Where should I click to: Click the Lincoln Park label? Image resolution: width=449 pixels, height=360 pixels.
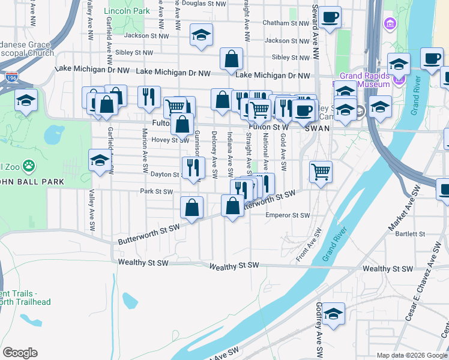coord(127,11)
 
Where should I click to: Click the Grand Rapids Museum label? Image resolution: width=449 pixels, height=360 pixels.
coord(365,80)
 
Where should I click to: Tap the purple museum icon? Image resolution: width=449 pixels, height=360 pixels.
coord(391,24)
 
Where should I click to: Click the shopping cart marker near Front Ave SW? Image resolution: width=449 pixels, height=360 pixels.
coord(321,171)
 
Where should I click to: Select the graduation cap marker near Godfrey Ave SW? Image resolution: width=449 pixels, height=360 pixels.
coord(333,314)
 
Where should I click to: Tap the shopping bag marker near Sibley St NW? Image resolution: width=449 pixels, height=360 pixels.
coord(231,59)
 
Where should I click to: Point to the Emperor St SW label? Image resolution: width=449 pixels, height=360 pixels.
coord(288,215)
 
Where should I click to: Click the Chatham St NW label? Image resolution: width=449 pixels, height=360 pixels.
coord(285,23)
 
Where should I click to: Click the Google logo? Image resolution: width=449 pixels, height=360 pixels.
coord(20,353)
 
